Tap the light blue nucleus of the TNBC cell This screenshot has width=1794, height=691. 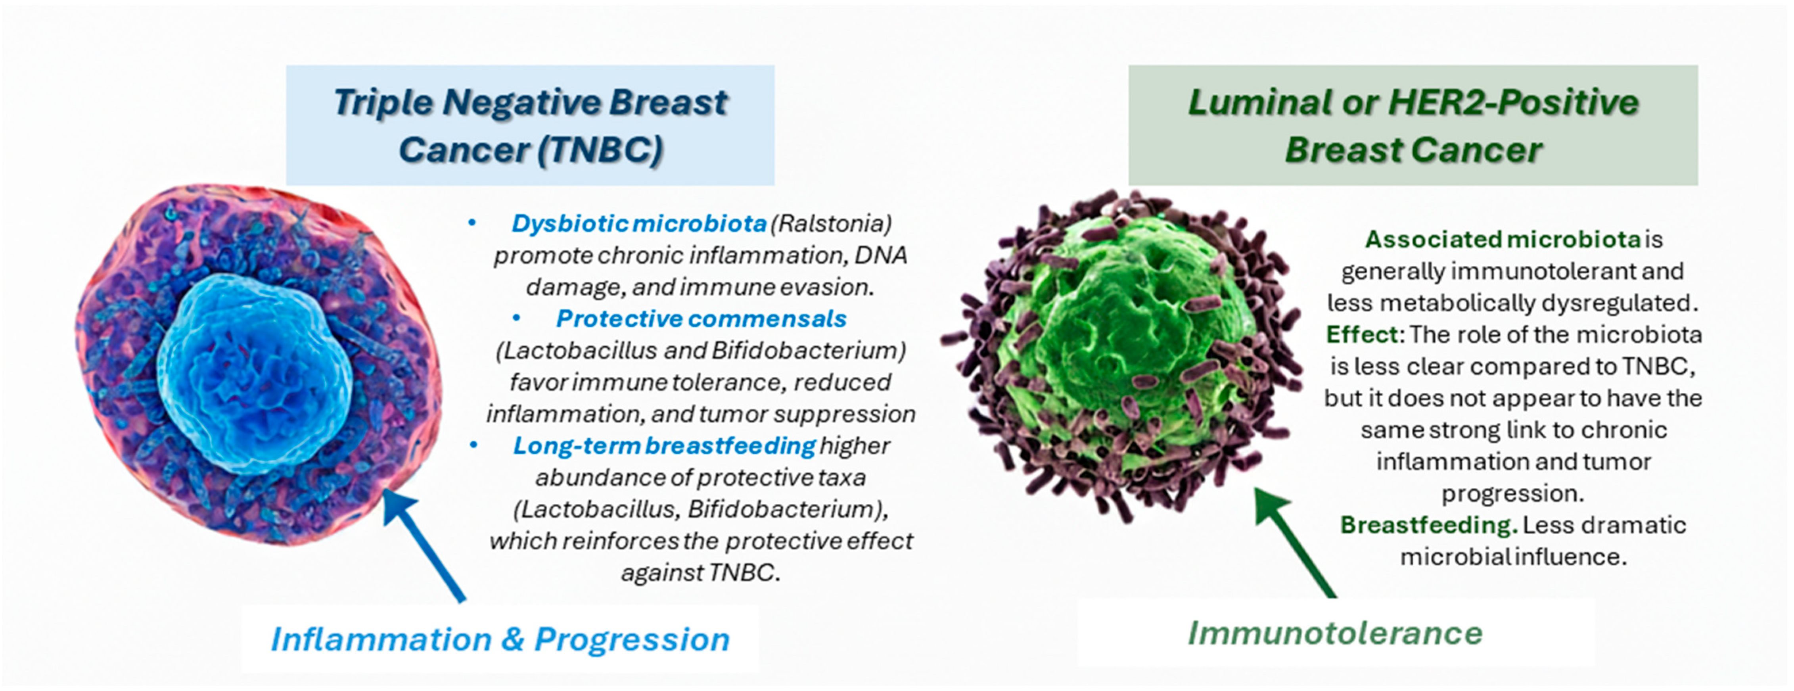click(254, 372)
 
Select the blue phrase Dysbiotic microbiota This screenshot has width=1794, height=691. click(638, 224)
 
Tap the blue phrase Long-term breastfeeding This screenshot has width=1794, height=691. click(664, 446)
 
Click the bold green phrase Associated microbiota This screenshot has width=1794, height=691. click(1502, 240)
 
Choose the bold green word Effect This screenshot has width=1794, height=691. click(1361, 335)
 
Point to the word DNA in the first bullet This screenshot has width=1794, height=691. click(881, 255)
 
